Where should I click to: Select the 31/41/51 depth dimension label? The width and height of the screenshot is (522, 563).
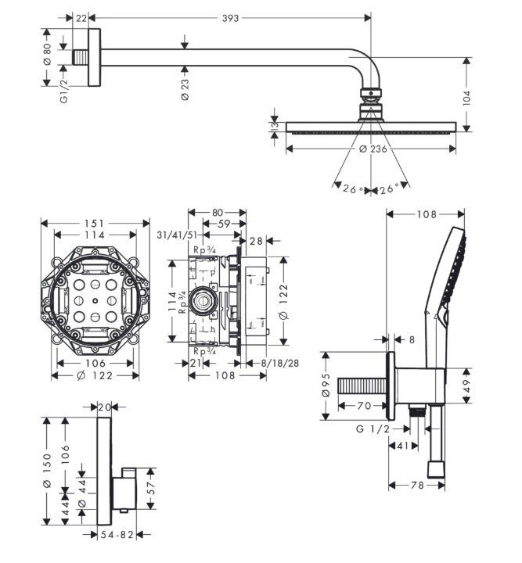[x=175, y=235]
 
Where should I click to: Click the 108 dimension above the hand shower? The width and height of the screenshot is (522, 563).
[x=426, y=214]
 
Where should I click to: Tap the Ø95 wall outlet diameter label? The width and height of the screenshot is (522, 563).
[x=328, y=386]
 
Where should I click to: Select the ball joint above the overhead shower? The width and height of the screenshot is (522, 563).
[x=369, y=99]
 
